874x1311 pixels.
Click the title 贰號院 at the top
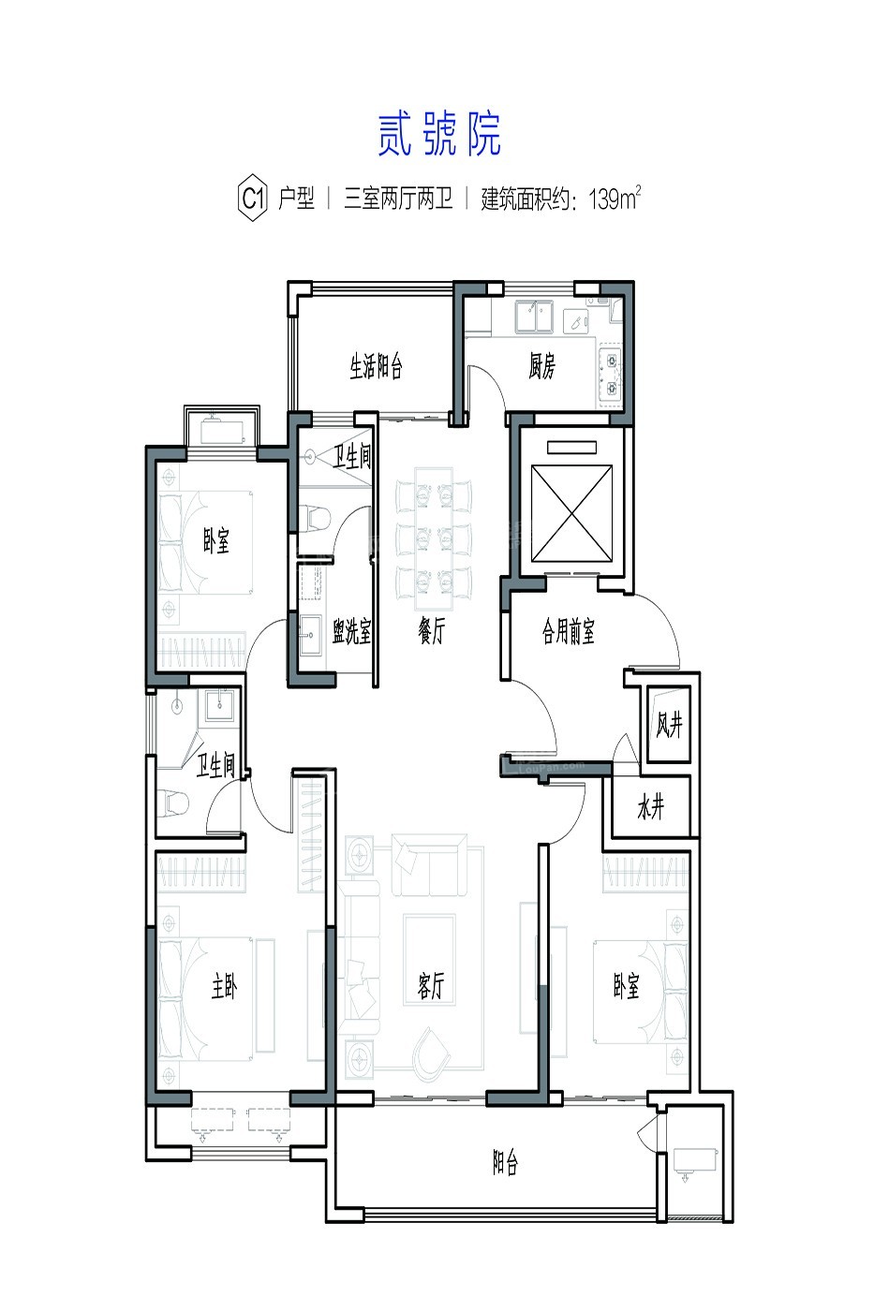(x=439, y=134)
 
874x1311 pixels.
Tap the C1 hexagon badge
(x=253, y=199)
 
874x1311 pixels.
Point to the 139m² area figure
(x=615, y=199)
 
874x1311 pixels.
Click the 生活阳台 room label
(x=376, y=367)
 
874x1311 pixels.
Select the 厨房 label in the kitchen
(x=541, y=366)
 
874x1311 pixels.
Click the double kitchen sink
(x=534, y=317)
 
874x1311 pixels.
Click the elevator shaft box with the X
(x=571, y=513)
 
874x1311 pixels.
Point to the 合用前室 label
(x=568, y=631)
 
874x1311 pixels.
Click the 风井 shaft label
(x=669, y=725)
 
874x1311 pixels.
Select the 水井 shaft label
(x=651, y=808)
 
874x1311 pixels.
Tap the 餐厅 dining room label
(x=432, y=631)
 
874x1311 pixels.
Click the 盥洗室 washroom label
(x=352, y=631)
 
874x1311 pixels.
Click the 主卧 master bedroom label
(x=225, y=985)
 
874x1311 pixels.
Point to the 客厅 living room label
(x=432, y=985)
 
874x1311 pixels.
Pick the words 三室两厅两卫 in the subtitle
(x=399, y=199)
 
